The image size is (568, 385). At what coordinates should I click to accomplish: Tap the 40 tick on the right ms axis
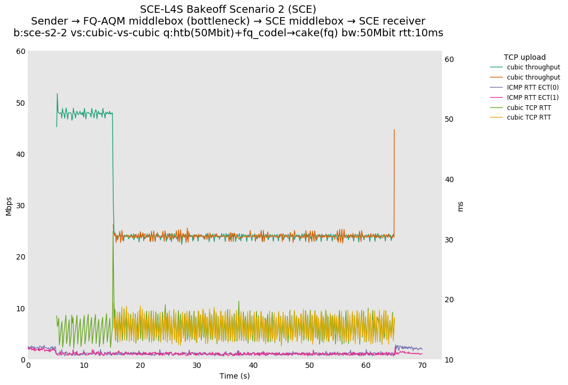449,179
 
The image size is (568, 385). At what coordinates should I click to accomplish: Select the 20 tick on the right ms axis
449,300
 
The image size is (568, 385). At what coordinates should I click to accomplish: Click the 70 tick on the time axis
422,366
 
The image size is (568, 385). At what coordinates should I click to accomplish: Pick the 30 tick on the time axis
197,366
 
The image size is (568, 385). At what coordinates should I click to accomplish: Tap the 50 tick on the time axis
309,366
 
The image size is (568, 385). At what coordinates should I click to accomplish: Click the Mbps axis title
9,206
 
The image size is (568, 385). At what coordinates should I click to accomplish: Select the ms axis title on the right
461,206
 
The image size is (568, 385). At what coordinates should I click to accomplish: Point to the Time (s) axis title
235,376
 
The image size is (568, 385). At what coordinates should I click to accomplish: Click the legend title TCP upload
525,58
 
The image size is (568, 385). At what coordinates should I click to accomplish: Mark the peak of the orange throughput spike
394,130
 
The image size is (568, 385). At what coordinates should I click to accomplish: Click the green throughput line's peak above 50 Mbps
57,94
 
